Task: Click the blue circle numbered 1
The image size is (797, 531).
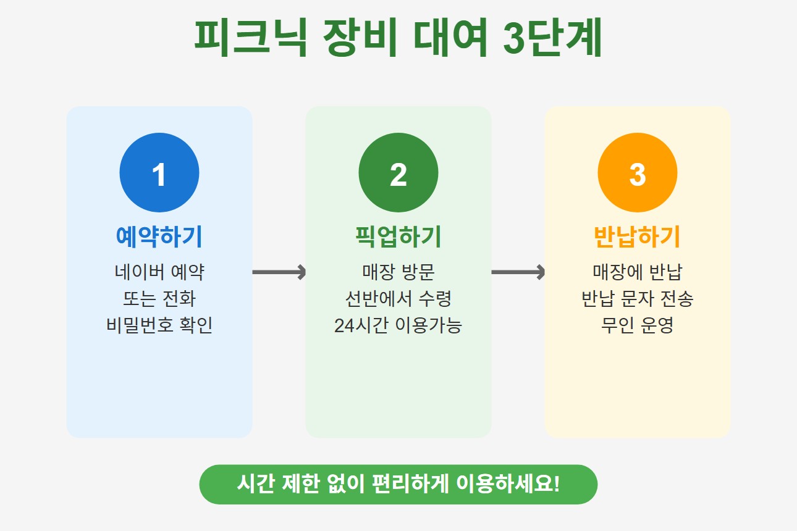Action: point(159,173)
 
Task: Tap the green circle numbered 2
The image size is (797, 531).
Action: point(399,173)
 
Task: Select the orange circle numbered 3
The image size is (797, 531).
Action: point(638,173)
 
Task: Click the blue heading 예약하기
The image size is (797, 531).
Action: point(159,236)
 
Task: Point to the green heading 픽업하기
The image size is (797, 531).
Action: point(399,236)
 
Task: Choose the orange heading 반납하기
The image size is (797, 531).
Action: point(638,236)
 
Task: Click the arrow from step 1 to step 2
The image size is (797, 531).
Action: point(279,272)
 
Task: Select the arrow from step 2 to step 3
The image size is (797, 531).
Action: point(518,272)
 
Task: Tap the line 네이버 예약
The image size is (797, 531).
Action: point(159,272)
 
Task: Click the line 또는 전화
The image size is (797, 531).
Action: point(159,299)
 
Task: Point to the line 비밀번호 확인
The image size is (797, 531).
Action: point(159,325)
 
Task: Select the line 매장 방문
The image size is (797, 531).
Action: point(399,272)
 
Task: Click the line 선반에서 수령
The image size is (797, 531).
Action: point(399,299)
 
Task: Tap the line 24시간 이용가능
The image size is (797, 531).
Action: point(399,325)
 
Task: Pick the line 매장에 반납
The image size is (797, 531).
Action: point(638,272)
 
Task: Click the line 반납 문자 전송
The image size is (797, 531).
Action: point(638,299)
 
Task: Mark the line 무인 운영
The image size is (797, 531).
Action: point(638,325)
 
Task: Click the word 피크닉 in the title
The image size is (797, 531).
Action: point(250,38)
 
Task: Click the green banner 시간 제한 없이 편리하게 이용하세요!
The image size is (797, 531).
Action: point(399,484)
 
